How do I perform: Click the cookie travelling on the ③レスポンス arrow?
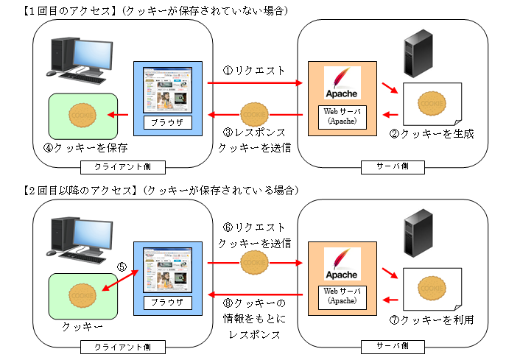(x=254, y=115)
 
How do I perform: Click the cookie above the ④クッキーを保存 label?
(x=82, y=115)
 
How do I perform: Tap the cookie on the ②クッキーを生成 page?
(x=431, y=104)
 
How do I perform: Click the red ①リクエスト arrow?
(x=255, y=82)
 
